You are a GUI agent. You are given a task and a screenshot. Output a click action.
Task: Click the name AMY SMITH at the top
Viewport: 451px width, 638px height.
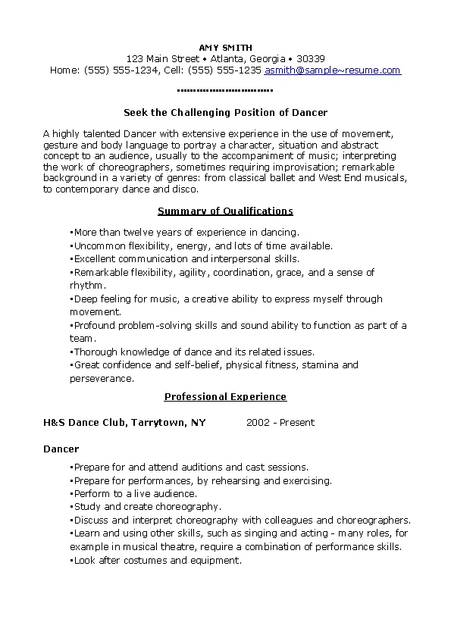[225, 48]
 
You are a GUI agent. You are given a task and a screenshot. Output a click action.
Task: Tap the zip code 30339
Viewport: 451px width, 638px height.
[311, 59]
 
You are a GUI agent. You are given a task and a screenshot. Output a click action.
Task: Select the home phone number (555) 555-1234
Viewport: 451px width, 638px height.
[121, 70]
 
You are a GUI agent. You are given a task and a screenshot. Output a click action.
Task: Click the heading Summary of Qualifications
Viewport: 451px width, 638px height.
[225, 211]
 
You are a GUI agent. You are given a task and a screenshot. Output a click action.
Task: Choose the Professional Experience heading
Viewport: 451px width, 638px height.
[225, 396]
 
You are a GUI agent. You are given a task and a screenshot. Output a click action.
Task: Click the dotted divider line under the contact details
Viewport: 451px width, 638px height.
[225, 90]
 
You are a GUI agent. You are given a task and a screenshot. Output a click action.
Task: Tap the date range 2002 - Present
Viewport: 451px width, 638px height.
[280, 423]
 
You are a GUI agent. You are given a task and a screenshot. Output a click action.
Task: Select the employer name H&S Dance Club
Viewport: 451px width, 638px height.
[84, 423]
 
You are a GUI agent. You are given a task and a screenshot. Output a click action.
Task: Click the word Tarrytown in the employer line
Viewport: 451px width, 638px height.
[158, 423]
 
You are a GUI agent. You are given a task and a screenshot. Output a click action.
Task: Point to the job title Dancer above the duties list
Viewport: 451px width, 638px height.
[61, 449]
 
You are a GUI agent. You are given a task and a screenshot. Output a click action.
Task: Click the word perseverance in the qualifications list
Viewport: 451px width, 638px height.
[102, 378]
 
